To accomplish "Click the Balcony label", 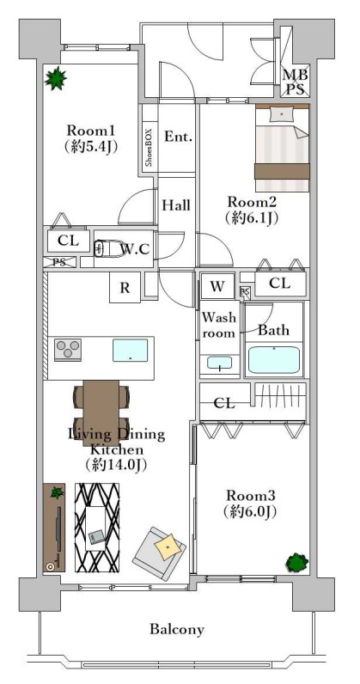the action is coord(177,630).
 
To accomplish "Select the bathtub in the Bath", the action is coord(273,360).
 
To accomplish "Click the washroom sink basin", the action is coord(219,363).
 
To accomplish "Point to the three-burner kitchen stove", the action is coord(68,350).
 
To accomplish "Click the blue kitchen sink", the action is coord(130,351).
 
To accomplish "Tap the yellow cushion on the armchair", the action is coord(168,547).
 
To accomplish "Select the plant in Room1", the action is coord(56,78).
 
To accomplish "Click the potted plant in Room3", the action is coord(296,563).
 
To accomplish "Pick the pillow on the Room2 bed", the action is coord(282,114).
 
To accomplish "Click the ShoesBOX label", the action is coord(149,149).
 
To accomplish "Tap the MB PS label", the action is coord(295,82).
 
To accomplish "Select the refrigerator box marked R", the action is coord(125,287).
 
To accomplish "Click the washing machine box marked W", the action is coord(217,286).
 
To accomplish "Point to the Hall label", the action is coord(176,205).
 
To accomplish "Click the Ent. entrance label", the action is coord(178,137).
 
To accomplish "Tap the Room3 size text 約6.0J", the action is coord(250,511).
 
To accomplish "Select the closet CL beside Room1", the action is coord(69,241).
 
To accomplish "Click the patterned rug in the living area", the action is coord(97,528).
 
